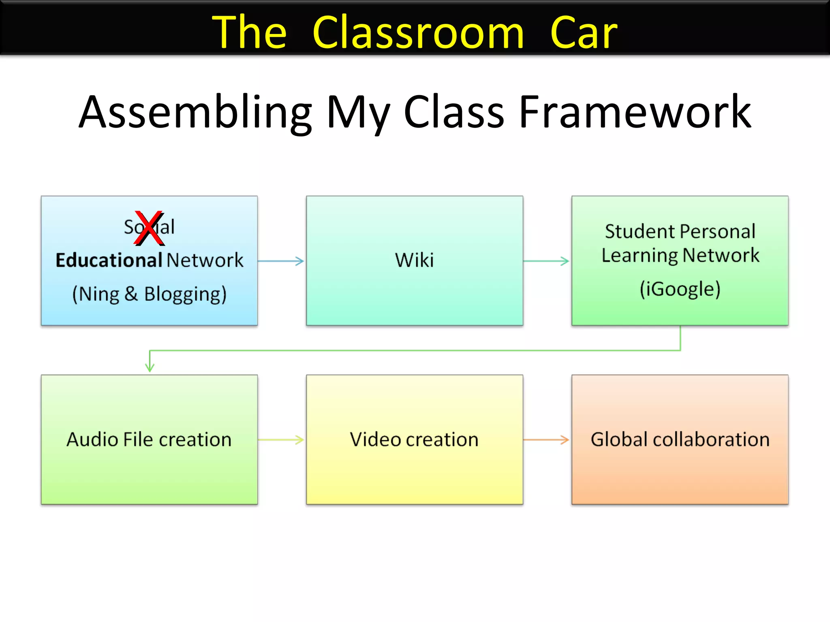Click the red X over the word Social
point(149,228)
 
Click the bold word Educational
point(109,260)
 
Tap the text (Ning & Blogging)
point(149,294)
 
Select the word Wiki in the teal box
point(414,260)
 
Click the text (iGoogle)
point(680,289)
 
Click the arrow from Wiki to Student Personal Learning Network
point(546,261)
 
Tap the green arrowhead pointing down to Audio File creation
point(150,366)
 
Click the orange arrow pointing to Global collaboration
point(546,439)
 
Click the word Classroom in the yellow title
point(418,32)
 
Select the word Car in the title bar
point(584,32)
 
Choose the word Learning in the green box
point(640,256)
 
